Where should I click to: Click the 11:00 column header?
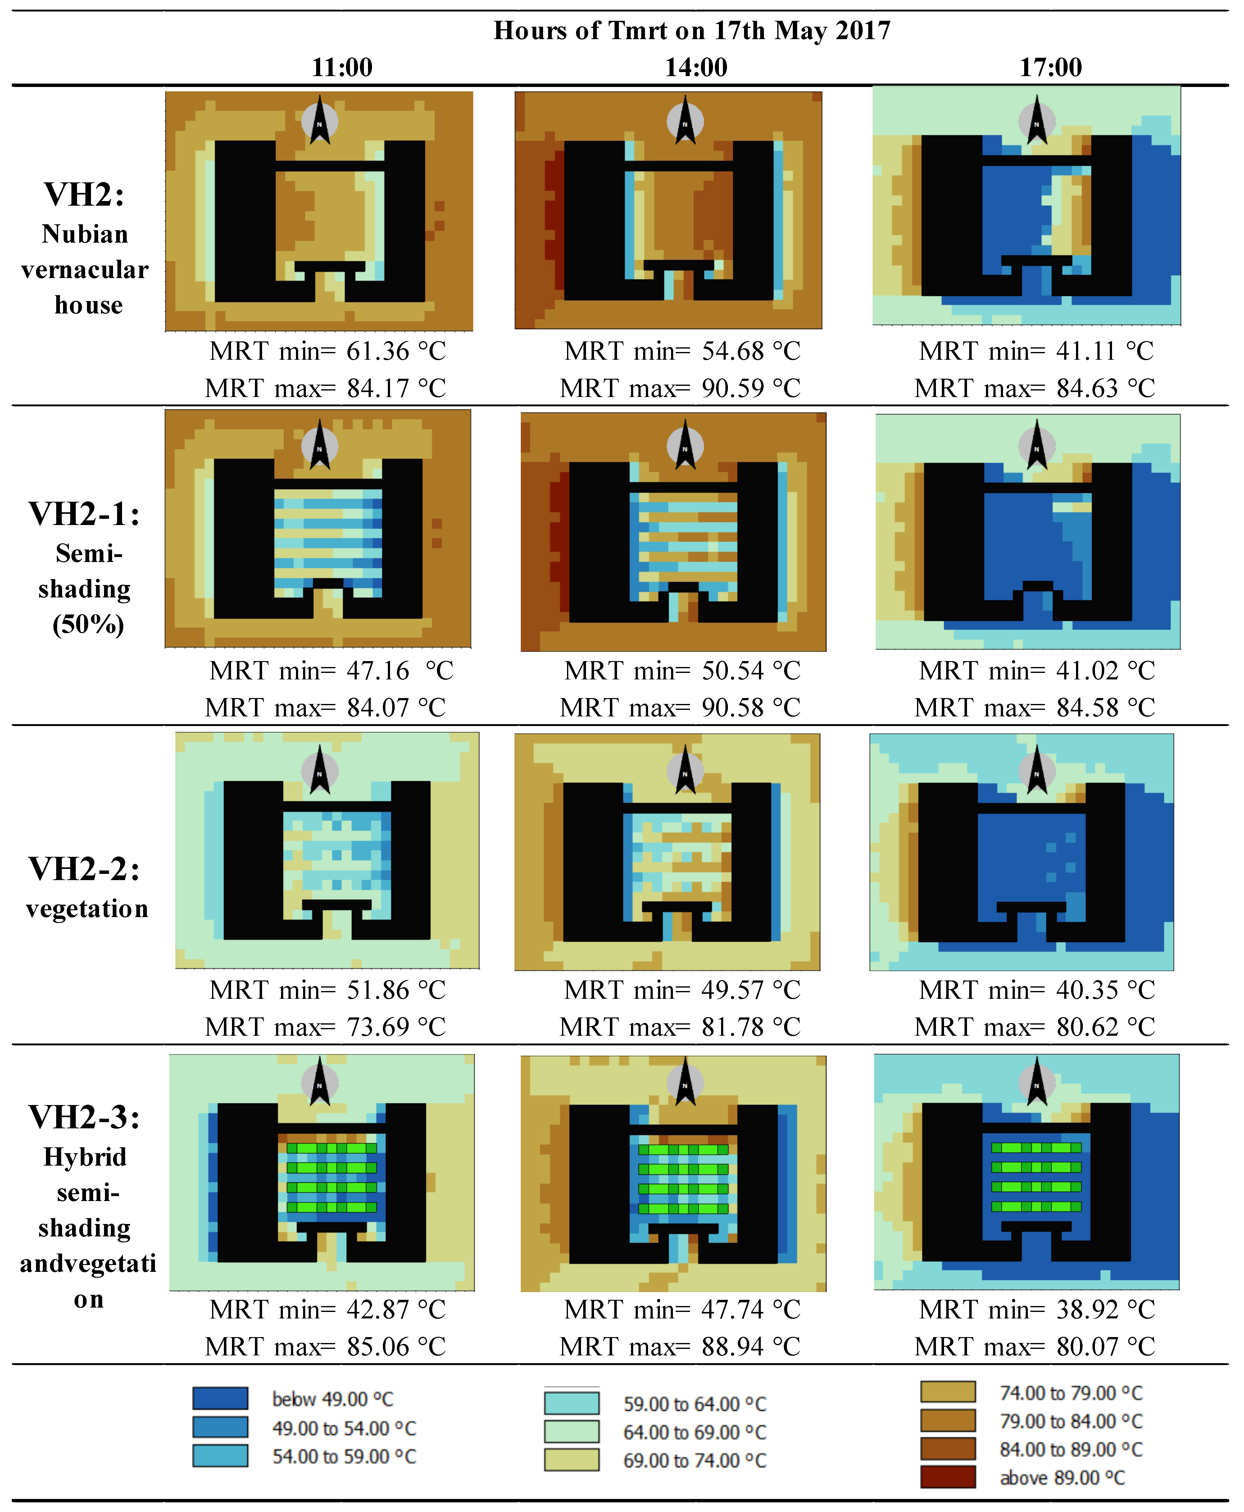342,67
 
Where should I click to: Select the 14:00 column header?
696,67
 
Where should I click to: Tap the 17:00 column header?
1051,67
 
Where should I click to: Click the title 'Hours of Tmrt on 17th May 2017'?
692,30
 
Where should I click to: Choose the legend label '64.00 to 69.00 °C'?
694,1432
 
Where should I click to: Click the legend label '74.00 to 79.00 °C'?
1071,1393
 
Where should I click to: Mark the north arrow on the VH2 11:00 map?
320,121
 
